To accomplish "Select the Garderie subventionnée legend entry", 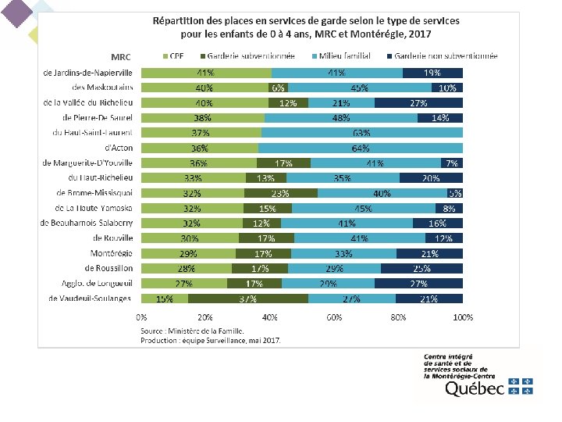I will click(x=244, y=57).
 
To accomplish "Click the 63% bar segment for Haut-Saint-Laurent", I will click(x=361, y=133).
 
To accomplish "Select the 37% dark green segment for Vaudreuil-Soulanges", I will click(x=248, y=298).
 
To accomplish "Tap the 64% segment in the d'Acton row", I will click(x=361, y=148).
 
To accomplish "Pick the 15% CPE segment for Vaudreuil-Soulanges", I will click(x=165, y=298).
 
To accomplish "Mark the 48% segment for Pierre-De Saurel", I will click(x=341, y=118).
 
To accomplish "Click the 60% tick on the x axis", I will click(x=334, y=317).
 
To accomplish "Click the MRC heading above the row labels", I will click(x=121, y=57).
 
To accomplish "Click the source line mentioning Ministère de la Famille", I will click(x=195, y=332).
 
